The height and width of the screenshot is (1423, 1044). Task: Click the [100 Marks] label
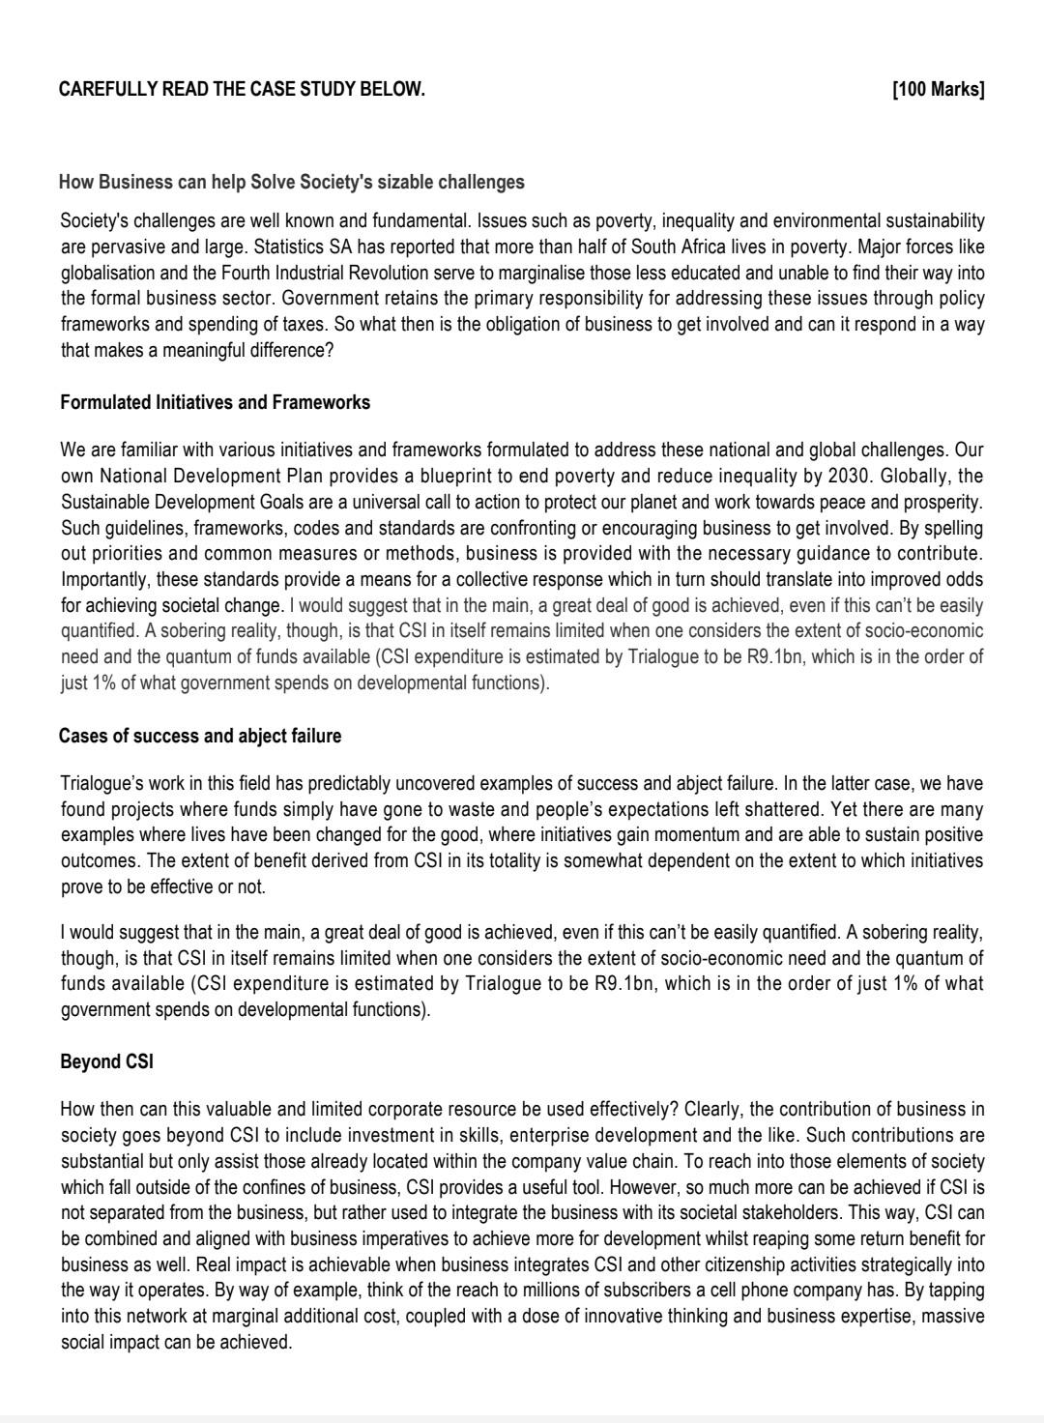(938, 90)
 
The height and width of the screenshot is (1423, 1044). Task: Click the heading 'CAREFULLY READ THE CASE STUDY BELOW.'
(242, 90)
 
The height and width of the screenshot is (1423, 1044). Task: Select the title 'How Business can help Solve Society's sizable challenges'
(291, 182)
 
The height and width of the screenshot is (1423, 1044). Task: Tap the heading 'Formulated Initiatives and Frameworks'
(215, 402)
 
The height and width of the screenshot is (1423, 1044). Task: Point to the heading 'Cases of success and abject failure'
(200, 736)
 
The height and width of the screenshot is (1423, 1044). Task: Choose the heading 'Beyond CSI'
(106, 1061)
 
